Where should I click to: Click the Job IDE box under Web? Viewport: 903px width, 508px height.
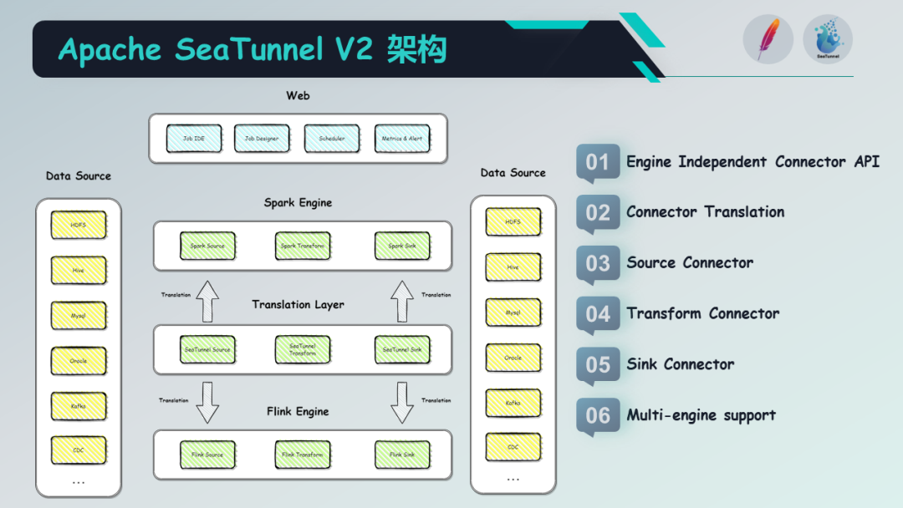[x=194, y=139]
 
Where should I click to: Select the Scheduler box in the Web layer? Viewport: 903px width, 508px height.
[x=332, y=139]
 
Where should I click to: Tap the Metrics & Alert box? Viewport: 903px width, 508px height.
[x=402, y=139]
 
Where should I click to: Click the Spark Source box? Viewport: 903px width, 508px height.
[x=207, y=246]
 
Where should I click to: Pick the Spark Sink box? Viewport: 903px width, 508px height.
[x=402, y=246]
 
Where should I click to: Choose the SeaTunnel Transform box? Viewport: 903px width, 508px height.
[x=303, y=349]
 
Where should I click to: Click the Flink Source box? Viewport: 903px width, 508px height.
[x=207, y=455]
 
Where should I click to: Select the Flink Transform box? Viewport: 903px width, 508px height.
[x=303, y=455]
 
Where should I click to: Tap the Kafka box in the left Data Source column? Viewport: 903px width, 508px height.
[x=79, y=406]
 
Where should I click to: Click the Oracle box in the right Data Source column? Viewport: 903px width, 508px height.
[x=513, y=358]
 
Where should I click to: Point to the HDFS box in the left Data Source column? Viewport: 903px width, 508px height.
[x=79, y=225]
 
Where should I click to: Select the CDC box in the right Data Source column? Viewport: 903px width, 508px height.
[x=513, y=447]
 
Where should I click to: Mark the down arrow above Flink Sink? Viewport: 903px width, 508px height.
[x=402, y=403]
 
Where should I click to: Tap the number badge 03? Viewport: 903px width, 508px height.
[x=598, y=264]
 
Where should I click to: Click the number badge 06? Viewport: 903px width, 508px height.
[x=598, y=415]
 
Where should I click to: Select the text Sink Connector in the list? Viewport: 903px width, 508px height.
[x=681, y=364]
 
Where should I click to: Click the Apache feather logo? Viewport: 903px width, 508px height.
[x=767, y=39]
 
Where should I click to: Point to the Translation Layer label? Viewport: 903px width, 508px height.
[x=298, y=305]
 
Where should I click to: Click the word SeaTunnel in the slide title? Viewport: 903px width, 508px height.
[x=249, y=50]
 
